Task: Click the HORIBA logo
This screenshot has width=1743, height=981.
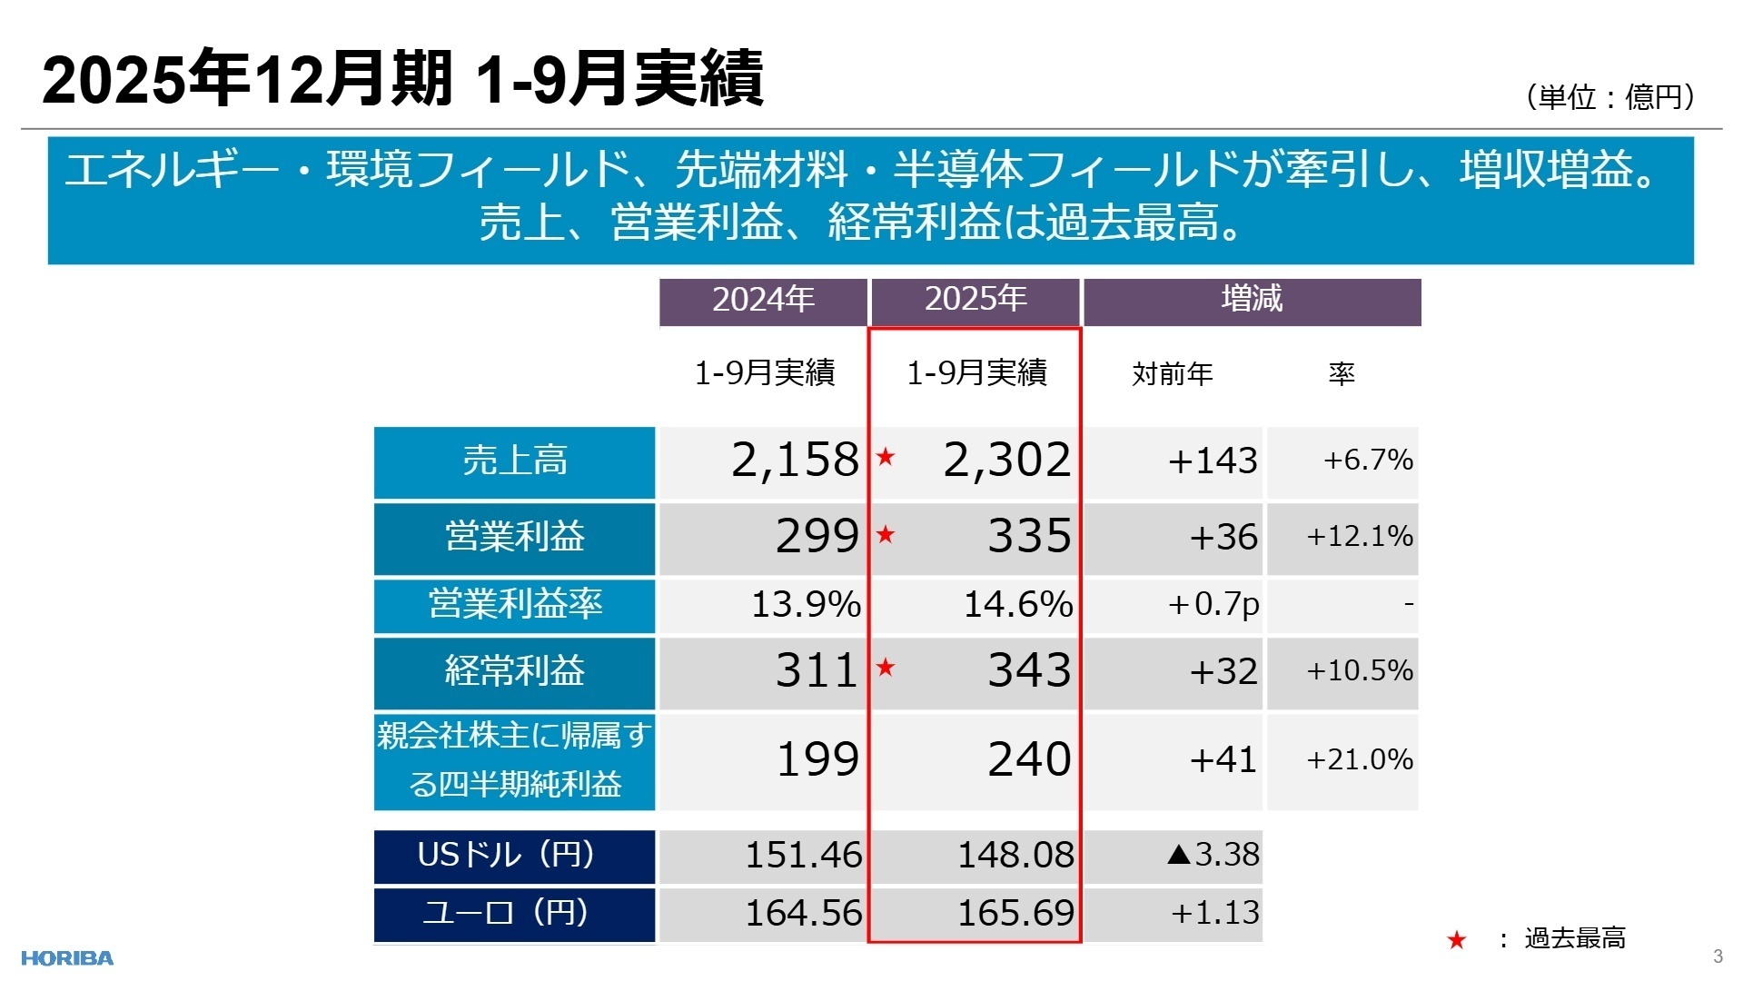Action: point(67,958)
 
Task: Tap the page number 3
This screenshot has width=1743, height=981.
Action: point(1718,956)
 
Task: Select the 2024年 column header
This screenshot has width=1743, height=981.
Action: point(763,300)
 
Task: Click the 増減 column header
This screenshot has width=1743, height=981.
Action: point(1252,300)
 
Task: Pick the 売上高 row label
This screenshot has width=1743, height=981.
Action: point(514,461)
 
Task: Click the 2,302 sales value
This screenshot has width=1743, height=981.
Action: point(1006,460)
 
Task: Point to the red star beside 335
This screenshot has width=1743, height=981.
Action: point(886,535)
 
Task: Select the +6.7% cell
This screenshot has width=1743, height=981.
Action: point(1368,461)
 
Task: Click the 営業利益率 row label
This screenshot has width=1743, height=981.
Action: point(514,605)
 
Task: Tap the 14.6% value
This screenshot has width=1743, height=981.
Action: point(1017,605)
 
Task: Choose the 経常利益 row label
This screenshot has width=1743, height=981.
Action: point(514,672)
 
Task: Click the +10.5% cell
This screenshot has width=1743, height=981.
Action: point(1359,671)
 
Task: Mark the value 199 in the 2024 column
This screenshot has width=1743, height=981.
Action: point(817,759)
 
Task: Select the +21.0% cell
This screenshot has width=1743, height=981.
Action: point(1359,759)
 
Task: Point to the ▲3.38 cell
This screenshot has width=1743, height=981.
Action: point(1213,855)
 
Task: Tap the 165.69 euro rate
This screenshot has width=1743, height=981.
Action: point(1015,913)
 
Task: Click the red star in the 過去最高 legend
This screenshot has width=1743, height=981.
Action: point(1457,940)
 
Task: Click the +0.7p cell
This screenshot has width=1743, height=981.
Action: point(1213,605)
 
